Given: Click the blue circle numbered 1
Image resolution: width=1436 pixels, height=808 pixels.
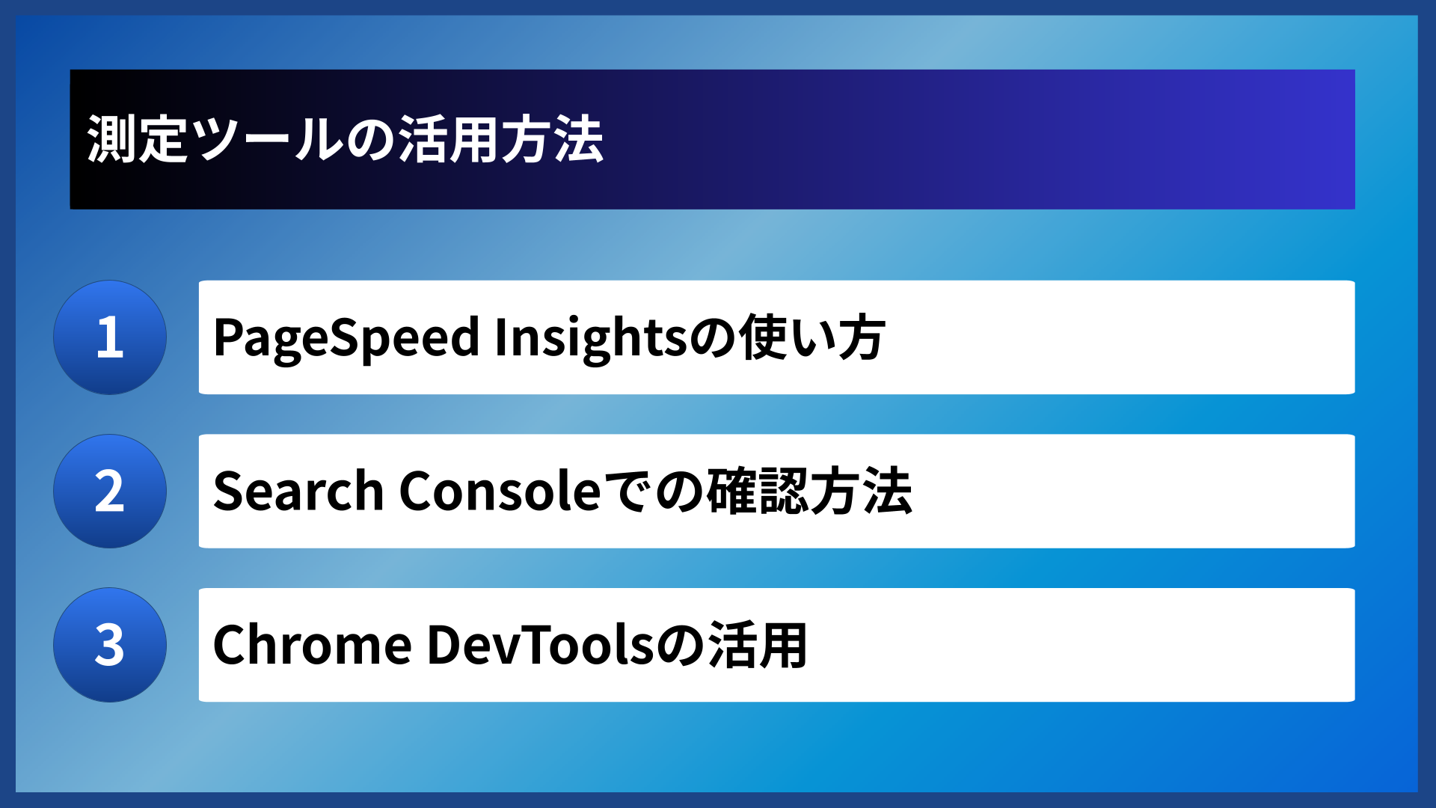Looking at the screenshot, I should point(110,337).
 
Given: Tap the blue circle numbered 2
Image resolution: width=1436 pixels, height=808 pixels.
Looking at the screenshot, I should point(110,492).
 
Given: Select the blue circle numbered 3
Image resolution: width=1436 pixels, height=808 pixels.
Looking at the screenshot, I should point(110,645).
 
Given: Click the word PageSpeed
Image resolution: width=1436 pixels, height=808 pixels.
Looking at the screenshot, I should point(346,338).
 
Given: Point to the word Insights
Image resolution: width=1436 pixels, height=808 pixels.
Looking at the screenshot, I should point(591,338).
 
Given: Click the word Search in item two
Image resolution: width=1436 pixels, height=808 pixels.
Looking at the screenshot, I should point(298,492).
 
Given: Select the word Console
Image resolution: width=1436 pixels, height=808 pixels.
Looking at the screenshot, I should point(500,492).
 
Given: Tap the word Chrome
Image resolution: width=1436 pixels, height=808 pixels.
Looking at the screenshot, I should point(312,645).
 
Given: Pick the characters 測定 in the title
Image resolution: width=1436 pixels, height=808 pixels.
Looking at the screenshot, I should point(138,140).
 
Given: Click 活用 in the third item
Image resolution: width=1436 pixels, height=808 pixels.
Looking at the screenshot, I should point(758,645).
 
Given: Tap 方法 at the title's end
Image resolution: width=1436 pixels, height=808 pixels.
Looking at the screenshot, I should point(552,140).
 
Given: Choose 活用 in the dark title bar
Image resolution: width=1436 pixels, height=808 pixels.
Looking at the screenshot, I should point(447,140).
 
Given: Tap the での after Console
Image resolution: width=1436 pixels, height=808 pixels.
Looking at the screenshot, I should point(653,492).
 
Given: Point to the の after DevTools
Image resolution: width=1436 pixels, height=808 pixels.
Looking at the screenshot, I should point(681,645).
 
